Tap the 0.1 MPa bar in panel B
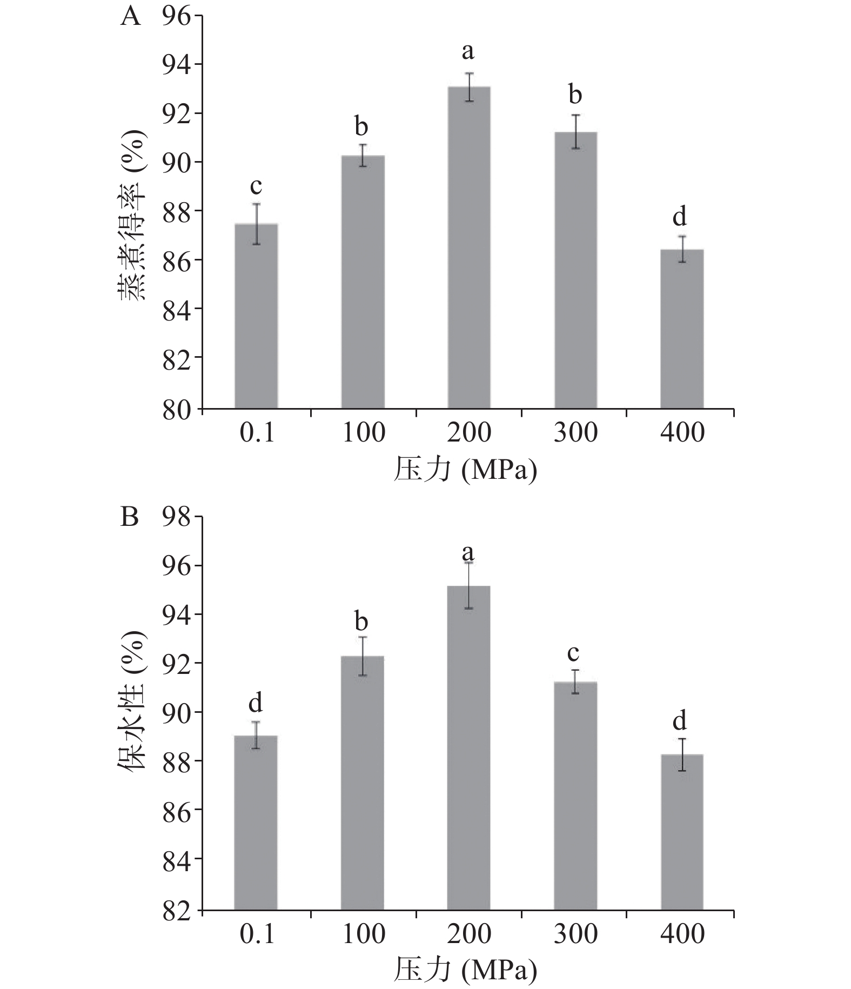256,822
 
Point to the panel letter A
131,17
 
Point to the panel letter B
130,517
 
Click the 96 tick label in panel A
177,18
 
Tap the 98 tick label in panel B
177,518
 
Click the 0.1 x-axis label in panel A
257,433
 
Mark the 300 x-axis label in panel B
575,933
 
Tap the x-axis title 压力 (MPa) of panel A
465,469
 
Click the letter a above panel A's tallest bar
468,52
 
